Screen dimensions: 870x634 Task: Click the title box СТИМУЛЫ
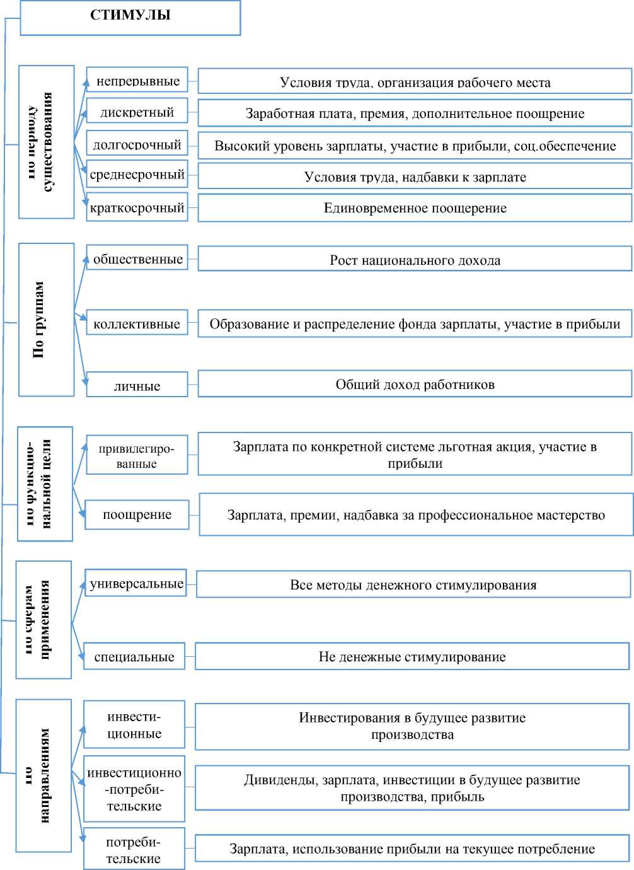point(130,17)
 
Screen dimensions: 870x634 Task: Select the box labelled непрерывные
point(137,80)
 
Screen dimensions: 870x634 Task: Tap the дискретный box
point(137,112)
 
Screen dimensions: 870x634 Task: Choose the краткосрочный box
point(137,207)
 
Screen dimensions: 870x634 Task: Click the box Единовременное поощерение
point(415,208)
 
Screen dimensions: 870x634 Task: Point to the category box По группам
point(46,320)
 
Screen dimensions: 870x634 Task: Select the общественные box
point(137,258)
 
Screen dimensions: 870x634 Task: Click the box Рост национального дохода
point(415,259)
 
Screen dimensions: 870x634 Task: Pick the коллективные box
point(137,323)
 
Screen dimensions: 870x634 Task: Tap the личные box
point(137,385)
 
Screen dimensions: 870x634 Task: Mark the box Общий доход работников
point(415,385)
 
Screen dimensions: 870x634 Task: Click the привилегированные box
point(137,455)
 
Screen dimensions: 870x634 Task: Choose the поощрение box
point(137,514)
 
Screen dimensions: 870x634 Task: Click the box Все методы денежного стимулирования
point(413,584)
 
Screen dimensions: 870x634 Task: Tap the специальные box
point(134,656)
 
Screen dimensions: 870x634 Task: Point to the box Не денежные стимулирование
point(412,656)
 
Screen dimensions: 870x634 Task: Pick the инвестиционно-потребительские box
point(134,789)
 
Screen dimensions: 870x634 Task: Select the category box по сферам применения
point(43,620)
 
